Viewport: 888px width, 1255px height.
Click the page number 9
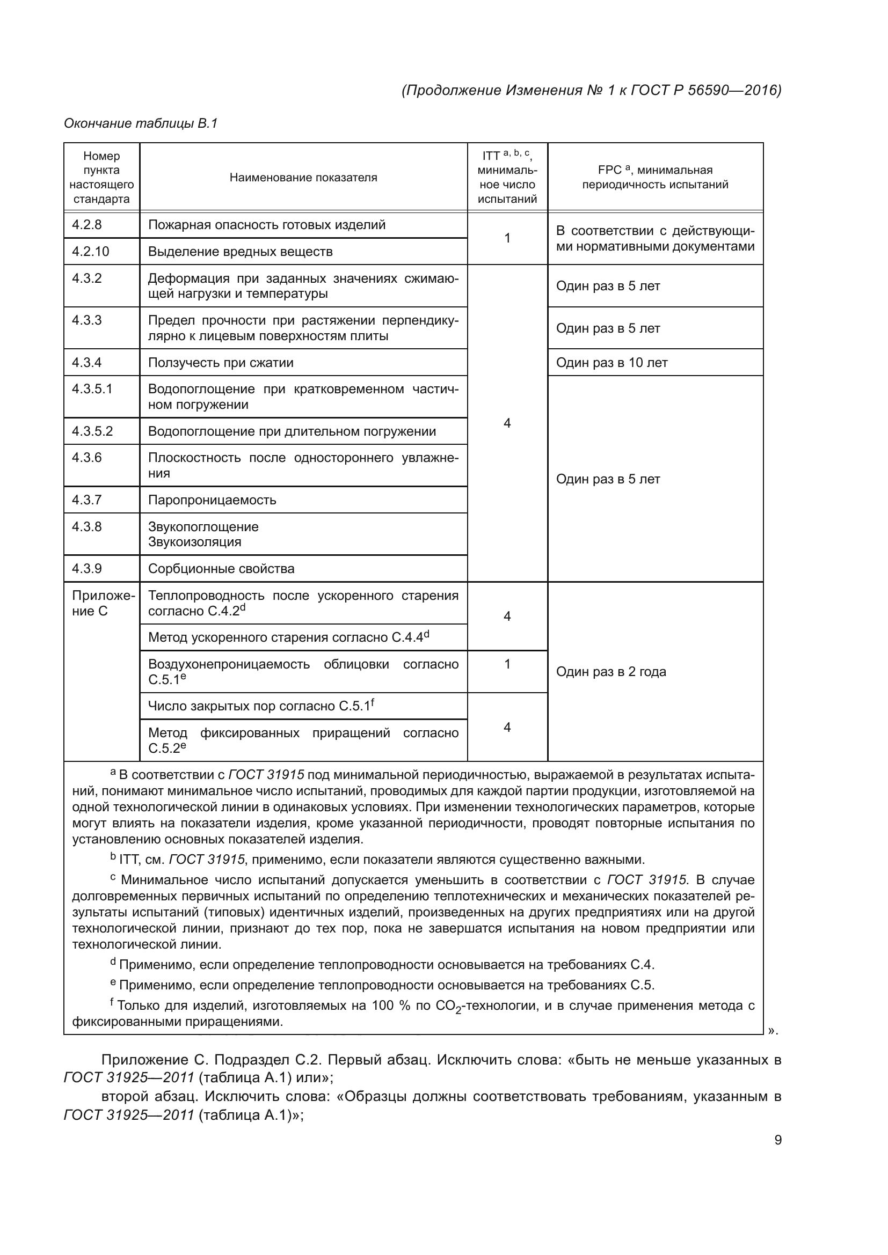click(777, 1140)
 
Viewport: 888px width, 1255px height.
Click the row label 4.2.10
click(91, 252)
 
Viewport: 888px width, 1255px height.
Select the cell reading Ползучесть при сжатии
click(221, 362)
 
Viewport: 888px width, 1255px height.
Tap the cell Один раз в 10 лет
click(612, 362)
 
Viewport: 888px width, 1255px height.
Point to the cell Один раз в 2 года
click(611, 671)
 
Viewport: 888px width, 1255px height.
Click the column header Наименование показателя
click(303, 177)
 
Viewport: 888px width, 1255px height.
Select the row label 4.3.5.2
click(92, 431)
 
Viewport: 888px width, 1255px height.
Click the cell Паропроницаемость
click(212, 500)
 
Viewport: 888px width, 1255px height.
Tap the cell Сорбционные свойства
click(221, 568)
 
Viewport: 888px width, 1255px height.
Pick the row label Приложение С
click(101, 603)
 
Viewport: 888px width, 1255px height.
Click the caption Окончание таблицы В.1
click(141, 123)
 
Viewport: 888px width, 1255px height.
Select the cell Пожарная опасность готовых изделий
click(266, 225)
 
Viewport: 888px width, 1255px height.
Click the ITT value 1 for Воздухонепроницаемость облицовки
click(507, 664)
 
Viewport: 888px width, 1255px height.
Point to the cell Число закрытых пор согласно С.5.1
click(261, 706)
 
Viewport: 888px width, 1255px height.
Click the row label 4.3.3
click(87, 320)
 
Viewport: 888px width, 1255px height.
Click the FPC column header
click(654, 177)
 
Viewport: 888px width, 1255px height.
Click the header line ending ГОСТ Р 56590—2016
click(591, 90)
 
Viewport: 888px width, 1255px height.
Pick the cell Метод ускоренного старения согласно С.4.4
click(288, 637)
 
